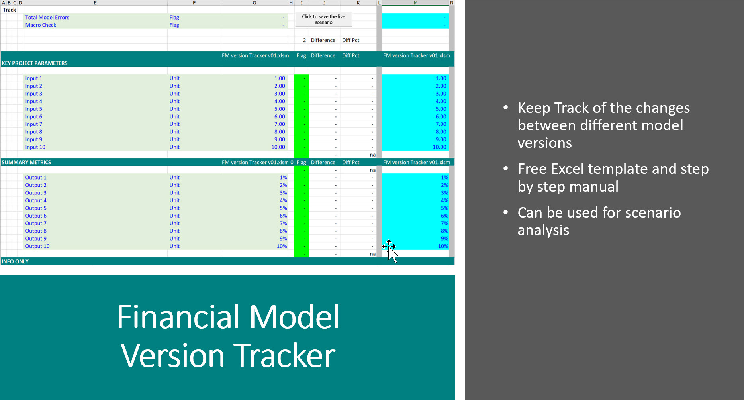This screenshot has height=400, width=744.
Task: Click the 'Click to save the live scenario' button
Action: click(323, 19)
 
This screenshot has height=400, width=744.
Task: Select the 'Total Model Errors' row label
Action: click(47, 17)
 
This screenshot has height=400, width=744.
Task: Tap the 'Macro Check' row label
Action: click(41, 25)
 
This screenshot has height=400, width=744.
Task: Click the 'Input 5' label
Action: click(33, 109)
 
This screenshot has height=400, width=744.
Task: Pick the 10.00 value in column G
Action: click(278, 147)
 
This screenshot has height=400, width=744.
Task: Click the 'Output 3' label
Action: click(36, 193)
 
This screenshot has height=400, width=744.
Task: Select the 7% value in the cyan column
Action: click(444, 223)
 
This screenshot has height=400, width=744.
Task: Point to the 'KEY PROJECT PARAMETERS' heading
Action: click(35, 63)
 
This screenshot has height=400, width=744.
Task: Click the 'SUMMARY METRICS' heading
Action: click(26, 162)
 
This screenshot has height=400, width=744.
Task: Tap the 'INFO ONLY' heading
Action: click(15, 261)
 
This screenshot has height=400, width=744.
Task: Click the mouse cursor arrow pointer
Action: click(393, 254)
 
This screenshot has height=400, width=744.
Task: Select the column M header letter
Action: click(415, 3)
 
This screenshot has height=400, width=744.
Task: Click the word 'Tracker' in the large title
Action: click(284, 355)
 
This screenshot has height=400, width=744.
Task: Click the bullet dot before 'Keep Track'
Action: click(506, 108)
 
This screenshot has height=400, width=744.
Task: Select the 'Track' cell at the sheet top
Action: click(10, 10)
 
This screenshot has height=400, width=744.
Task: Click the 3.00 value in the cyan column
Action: click(441, 94)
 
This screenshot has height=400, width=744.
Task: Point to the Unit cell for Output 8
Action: click(174, 231)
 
